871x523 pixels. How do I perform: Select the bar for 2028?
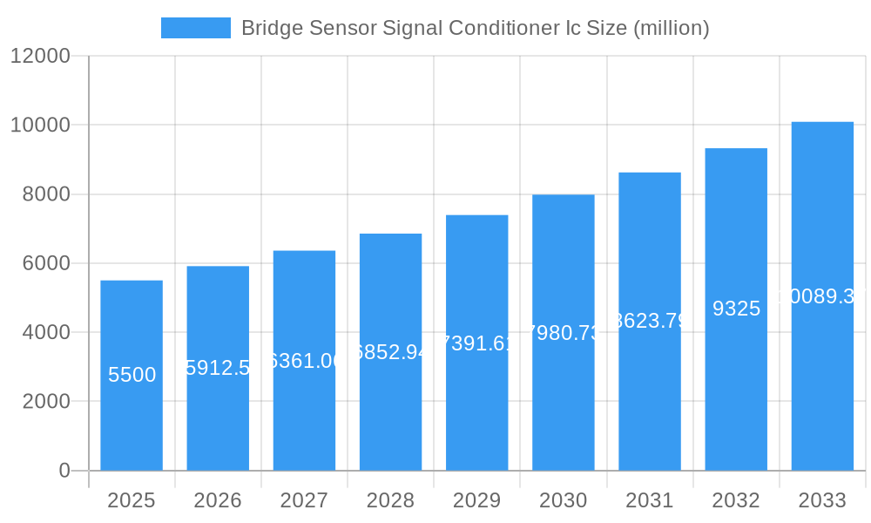[x=390, y=410]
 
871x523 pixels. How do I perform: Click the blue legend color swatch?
[x=196, y=28]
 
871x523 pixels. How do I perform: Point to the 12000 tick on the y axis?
[x=40, y=56]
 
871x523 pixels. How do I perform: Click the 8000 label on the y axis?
[x=46, y=194]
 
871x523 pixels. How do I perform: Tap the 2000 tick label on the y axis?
[x=46, y=402]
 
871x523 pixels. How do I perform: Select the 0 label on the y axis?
[x=64, y=471]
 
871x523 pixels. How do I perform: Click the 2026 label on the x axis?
[x=218, y=500]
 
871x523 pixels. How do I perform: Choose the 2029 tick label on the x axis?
[x=476, y=500]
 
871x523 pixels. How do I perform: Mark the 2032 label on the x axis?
[x=736, y=500]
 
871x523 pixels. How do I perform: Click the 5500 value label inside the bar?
[x=132, y=375]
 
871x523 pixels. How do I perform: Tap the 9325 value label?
[x=736, y=309]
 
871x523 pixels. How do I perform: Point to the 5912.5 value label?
[x=218, y=368]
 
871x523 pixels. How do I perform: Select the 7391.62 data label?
[x=476, y=343]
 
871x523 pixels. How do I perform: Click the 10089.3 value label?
[x=822, y=296]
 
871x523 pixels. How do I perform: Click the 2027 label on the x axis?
[x=304, y=500]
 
